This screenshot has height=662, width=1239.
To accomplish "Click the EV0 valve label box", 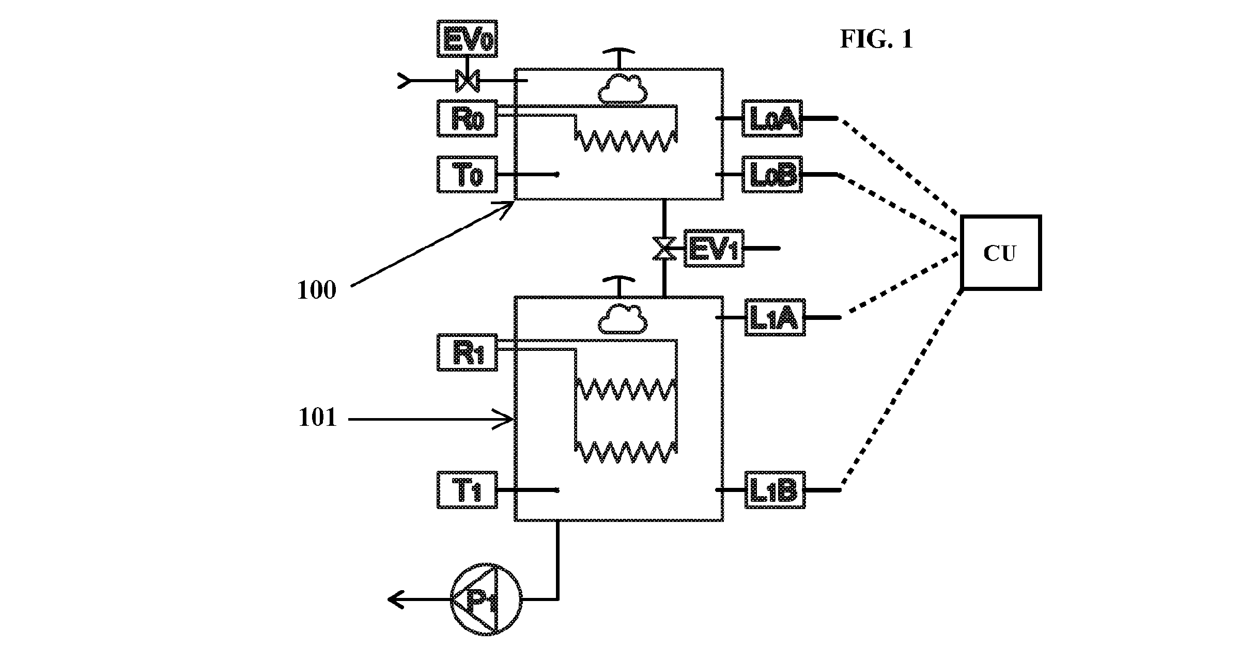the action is [467, 39].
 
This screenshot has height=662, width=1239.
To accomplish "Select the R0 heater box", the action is [467, 118].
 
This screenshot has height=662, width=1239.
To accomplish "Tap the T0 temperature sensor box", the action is [467, 175].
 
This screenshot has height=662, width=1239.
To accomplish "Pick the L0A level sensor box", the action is [772, 118].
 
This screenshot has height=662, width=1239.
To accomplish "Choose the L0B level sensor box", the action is [772, 175].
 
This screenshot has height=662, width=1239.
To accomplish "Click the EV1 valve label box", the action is [715, 249].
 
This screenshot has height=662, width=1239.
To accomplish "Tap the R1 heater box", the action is [467, 352].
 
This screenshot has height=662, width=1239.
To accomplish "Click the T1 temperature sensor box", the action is [467, 490].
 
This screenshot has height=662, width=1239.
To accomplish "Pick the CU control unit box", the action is [1001, 253].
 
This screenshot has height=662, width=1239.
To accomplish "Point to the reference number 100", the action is [317, 290].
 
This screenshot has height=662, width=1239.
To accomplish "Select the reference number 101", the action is [317, 418].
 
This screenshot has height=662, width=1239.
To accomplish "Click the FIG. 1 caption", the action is [877, 39].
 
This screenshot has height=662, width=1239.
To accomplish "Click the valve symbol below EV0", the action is [467, 81].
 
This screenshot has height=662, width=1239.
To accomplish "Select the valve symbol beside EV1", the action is [664, 249].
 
